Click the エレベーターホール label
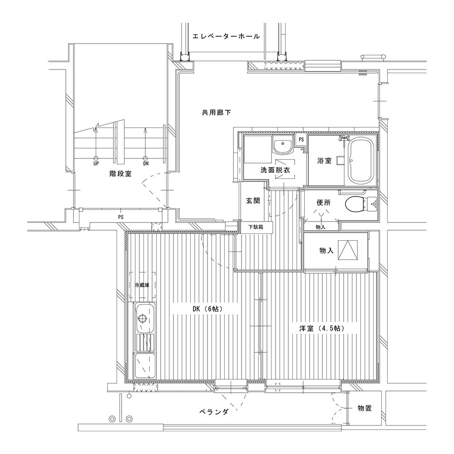coord(226,36)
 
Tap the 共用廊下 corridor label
coord(216,112)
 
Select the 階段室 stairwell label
coord(120,174)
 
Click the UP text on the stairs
coord(96,163)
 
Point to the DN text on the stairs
coord(146,163)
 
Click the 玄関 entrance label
coord(253,201)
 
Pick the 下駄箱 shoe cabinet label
coord(256,227)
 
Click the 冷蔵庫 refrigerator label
coord(142,285)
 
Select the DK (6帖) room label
coord(208,309)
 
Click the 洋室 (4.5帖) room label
coord(322,328)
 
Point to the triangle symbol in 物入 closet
coord(347,250)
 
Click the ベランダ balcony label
coord(214,412)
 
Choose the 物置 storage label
coord(365,409)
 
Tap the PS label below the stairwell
coord(121,217)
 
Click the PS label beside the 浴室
coord(301,139)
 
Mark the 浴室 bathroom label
coord(324,160)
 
